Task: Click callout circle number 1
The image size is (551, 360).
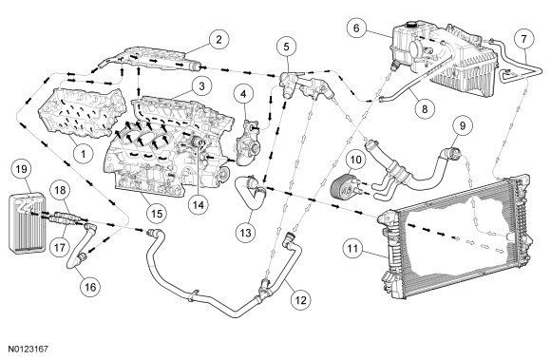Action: (x=84, y=154)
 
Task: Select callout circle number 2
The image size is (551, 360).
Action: (x=218, y=39)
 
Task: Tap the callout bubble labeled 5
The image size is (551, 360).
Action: (x=286, y=47)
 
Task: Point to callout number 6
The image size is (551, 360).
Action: (x=356, y=28)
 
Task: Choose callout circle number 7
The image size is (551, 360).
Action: (x=524, y=39)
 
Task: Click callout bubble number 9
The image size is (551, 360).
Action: (x=463, y=125)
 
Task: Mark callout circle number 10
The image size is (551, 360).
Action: (x=355, y=160)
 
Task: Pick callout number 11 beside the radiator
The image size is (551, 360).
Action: (x=352, y=248)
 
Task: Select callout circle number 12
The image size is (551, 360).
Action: (x=301, y=299)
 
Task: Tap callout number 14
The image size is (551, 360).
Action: (x=199, y=204)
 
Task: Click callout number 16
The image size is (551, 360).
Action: (x=90, y=287)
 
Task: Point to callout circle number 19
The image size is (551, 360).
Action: (x=22, y=169)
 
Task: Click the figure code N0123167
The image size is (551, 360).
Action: (x=28, y=350)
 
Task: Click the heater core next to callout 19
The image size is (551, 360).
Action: (x=27, y=222)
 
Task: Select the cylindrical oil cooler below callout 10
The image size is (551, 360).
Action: (x=344, y=186)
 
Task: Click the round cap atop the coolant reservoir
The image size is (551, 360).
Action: (x=409, y=25)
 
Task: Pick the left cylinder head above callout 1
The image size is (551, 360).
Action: (x=82, y=113)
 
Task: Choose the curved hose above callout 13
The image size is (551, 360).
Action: (x=250, y=193)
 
